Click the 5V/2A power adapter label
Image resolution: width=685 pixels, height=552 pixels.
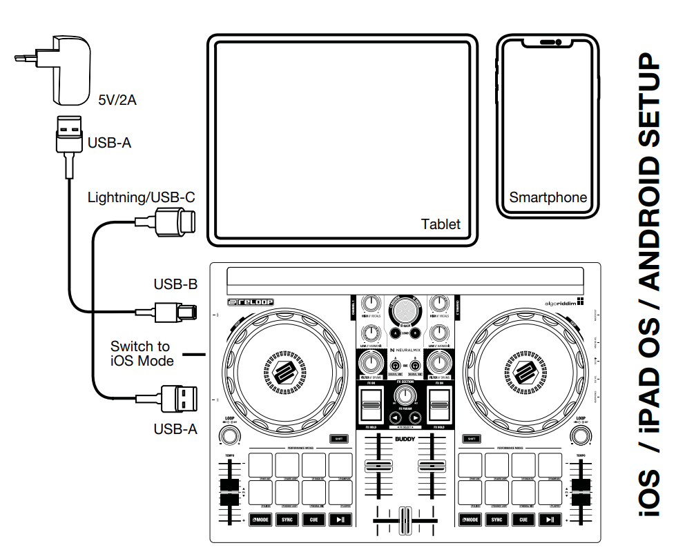[x=117, y=101]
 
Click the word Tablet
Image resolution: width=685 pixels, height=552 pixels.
[x=441, y=224]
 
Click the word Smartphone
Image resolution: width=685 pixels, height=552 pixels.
[x=548, y=197]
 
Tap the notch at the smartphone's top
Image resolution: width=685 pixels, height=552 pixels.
[x=548, y=43]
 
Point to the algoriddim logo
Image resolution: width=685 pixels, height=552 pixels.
[x=557, y=301]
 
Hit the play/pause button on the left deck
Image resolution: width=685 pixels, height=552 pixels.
[x=340, y=520]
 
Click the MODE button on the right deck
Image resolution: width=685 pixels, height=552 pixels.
[x=470, y=520]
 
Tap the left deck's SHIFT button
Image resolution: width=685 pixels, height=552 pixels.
[x=338, y=438]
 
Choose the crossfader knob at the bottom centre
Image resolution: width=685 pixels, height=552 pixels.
[x=404, y=519]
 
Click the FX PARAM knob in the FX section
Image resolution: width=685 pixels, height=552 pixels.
[x=405, y=395]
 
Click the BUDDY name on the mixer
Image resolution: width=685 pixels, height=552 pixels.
[x=405, y=439]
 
